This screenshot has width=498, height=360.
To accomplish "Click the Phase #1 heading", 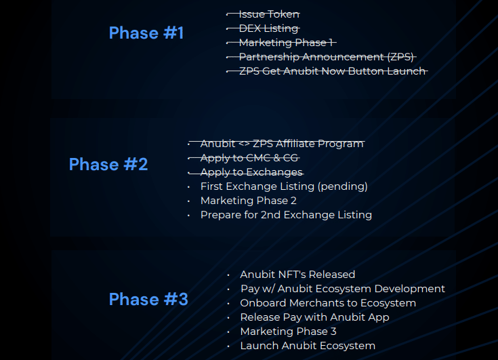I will click(146, 33).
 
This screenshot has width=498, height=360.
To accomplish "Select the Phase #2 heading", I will click(108, 164).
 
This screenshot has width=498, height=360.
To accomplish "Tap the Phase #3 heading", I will click(148, 299).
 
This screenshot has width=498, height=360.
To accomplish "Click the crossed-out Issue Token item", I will click(269, 14).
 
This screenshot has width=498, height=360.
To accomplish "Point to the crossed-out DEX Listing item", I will click(268, 28).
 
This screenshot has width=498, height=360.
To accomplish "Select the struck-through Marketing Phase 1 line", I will click(286, 43).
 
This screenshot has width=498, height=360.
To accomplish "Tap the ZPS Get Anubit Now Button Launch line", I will click(332, 71).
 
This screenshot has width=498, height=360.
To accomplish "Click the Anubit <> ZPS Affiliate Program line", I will click(282, 144).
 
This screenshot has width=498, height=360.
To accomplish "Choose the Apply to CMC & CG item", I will click(249, 158).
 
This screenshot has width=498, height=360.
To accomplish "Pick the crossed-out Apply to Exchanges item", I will click(251, 172).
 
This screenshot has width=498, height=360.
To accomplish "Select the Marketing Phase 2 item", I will click(249, 201).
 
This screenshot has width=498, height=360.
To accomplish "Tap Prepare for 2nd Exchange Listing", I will click(286, 215).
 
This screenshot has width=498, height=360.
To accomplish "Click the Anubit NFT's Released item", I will click(297, 275).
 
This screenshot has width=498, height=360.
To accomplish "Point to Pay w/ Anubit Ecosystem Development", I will click(342, 289).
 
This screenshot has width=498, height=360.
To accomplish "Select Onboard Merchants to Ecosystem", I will click(328, 303).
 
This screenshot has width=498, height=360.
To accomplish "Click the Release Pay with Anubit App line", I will click(314, 317).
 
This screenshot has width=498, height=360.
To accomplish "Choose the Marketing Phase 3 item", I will click(288, 332).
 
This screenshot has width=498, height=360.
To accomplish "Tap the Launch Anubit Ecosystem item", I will click(308, 346).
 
